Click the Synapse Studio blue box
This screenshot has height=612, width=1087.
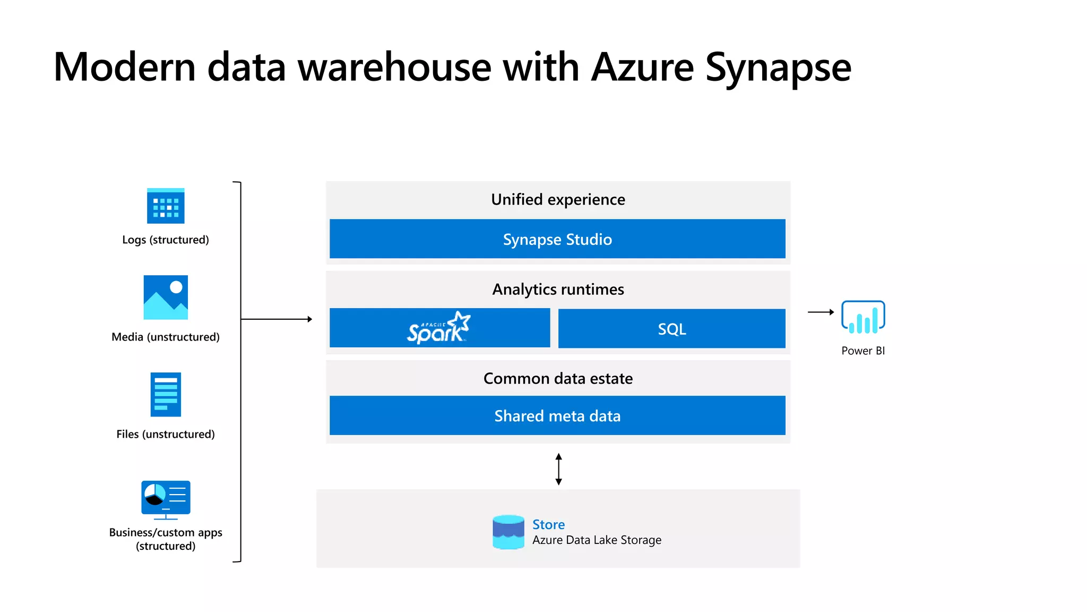click(557, 239)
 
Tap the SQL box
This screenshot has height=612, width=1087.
click(671, 329)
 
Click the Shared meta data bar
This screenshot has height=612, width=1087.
click(557, 415)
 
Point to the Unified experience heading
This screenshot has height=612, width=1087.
click(558, 200)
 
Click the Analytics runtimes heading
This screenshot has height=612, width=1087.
click(558, 290)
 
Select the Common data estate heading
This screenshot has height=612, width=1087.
click(558, 379)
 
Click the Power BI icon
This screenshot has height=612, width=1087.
click(863, 317)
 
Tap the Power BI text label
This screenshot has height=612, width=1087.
click(863, 351)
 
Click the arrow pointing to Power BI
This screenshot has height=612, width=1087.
click(821, 312)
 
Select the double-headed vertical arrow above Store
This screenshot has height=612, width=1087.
click(558, 469)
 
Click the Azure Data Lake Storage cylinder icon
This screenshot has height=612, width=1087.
click(508, 532)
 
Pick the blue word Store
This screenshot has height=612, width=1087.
click(548, 525)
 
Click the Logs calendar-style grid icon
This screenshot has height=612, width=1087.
click(166, 206)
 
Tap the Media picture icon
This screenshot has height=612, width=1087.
click(166, 297)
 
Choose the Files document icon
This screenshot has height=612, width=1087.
click(166, 395)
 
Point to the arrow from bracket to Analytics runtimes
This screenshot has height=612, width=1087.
click(276, 319)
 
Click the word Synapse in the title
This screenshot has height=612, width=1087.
click(778, 68)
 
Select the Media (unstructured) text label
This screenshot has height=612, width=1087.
click(166, 337)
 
